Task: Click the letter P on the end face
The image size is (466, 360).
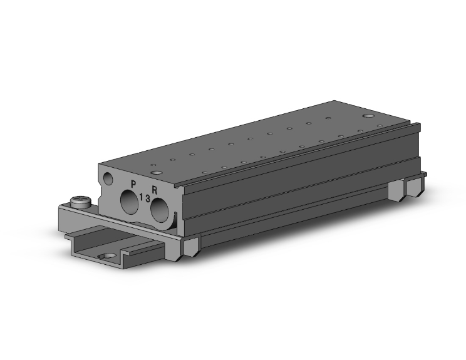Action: point(133,184)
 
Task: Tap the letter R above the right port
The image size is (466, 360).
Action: point(155,190)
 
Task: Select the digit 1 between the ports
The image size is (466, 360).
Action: point(141,197)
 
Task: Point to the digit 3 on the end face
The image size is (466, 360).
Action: point(148,198)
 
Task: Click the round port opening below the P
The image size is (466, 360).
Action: point(129,202)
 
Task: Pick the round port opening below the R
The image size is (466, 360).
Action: point(160,210)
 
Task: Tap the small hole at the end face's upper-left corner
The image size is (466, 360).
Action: point(108,178)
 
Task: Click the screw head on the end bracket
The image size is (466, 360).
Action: point(80,202)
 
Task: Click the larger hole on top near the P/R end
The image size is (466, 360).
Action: point(157,172)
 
